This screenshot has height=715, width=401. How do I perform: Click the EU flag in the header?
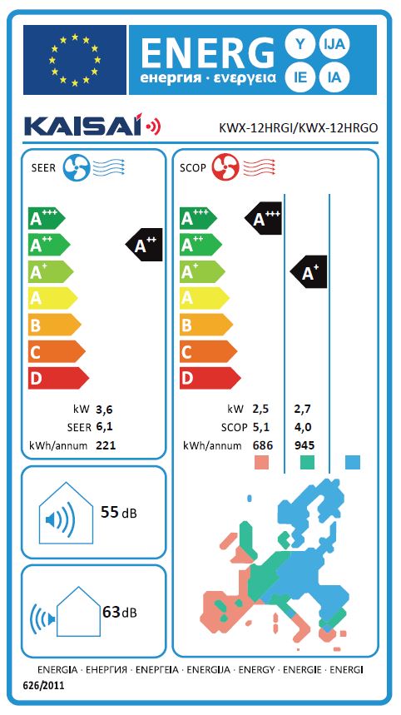75,59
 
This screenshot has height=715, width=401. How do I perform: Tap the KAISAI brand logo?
92,127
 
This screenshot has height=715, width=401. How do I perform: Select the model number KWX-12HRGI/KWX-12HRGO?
299,128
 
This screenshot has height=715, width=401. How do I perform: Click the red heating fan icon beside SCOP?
225,167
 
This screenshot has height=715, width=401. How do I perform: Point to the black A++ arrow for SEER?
145,245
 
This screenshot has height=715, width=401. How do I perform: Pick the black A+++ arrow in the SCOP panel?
264,218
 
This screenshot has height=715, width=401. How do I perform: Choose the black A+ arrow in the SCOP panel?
309,272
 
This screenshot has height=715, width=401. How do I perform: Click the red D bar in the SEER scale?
58,378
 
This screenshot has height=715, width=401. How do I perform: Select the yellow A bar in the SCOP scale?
204,298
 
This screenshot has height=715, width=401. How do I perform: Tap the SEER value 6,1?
104,427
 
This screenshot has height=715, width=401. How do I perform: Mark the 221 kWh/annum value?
106,445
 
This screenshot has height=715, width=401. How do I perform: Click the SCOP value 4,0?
304,427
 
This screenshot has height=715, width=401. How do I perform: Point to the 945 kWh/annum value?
304,445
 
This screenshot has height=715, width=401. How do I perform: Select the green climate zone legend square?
308,463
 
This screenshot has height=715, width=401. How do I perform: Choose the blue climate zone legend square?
353,463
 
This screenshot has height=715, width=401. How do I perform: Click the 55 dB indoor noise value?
118,513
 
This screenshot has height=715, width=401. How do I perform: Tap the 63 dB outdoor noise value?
120,612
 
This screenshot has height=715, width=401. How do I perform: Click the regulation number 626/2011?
43,685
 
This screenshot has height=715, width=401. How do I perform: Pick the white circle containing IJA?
336,44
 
